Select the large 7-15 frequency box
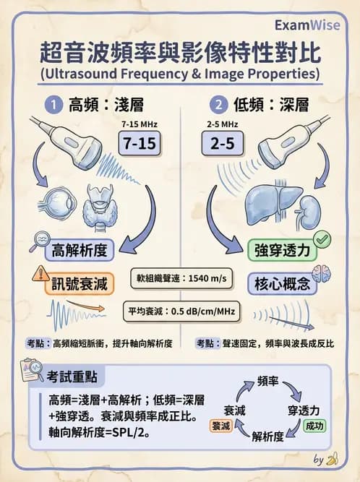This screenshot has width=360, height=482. click(x=137, y=142)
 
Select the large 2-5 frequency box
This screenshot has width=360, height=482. click(x=221, y=142)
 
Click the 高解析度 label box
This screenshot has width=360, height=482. click(x=80, y=251)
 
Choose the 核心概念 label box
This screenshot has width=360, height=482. click(x=281, y=283)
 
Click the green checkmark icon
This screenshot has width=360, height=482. click(x=322, y=239)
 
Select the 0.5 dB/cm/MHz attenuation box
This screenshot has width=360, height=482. click(x=181, y=312)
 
